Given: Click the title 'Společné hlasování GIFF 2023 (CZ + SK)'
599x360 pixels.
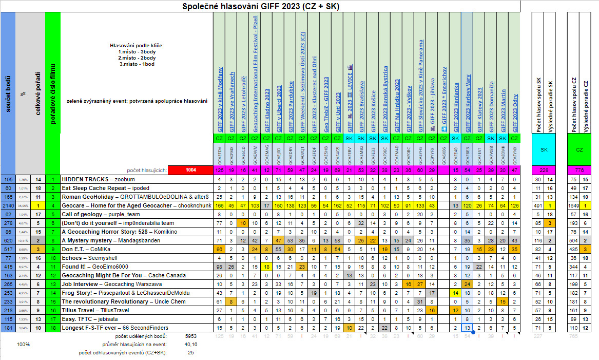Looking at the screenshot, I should (261, 6).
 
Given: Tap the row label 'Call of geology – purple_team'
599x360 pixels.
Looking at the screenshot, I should (101, 215).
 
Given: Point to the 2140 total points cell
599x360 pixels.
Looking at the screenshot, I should (8, 206).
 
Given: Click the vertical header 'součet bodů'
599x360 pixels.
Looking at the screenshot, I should (8, 92).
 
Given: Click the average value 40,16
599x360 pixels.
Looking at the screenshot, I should (190, 345).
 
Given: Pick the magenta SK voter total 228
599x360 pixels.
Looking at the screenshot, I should (543, 170).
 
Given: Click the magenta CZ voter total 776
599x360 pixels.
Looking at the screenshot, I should (579, 170).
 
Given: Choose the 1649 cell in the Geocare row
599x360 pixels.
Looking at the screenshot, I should (573, 206).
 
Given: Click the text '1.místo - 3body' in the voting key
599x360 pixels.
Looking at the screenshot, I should (137, 51).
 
